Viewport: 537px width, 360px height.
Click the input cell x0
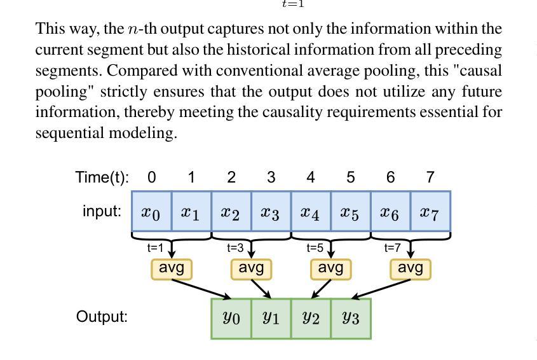tap(151, 211)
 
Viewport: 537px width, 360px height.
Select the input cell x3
tap(271, 211)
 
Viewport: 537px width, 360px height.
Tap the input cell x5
tap(351, 211)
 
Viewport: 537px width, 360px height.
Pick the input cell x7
tap(430, 211)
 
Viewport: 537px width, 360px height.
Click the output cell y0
tap(231, 319)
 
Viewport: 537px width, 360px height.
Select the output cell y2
tap(311, 319)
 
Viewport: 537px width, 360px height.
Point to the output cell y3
tap(351, 319)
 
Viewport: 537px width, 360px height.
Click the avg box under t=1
tap(172, 269)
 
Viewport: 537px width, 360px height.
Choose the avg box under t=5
tap(331, 269)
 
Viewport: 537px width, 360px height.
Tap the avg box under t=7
tap(411, 269)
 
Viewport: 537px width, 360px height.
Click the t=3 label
tap(235, 247)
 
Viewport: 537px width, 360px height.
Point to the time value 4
tap(311, 177)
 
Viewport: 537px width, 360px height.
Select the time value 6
tap(390, 177)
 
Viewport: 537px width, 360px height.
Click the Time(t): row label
tap(102, 177)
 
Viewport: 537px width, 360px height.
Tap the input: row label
tap(102, 211)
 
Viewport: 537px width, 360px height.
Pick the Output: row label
tap(102, 316)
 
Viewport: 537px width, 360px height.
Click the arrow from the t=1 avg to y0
tap(201, 289)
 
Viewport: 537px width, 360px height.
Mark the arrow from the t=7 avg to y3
tap(381, 289)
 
